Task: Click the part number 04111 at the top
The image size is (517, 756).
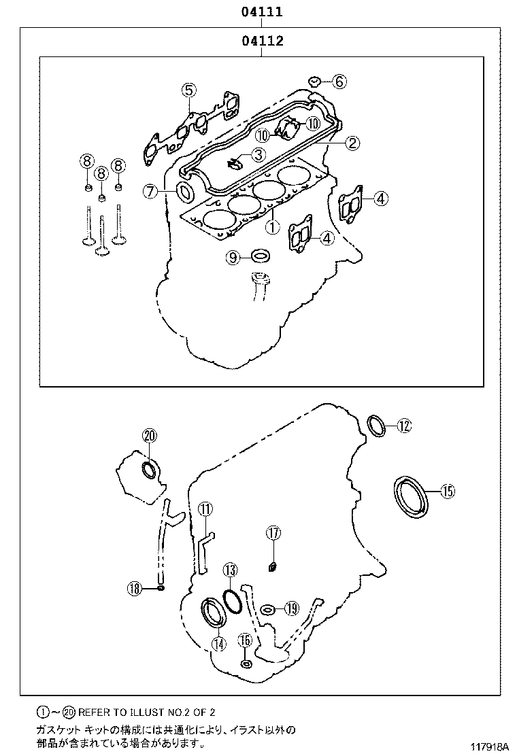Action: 261,12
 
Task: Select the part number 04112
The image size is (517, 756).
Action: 261,41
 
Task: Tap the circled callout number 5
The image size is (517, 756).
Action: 188,90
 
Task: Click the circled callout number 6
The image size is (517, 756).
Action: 339,82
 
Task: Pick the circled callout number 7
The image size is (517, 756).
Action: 151,192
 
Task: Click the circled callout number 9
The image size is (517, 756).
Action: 233,257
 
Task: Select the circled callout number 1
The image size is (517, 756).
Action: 271,226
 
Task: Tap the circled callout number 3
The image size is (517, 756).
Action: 258,155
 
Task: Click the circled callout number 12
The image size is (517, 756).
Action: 404,426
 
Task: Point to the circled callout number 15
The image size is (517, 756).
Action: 447,491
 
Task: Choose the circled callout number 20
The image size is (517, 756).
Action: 149,436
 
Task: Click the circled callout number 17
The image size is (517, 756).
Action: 273,534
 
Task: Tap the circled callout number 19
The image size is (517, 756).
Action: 291,608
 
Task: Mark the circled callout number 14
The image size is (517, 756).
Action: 218,645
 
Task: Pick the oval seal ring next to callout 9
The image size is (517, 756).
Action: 260,256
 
